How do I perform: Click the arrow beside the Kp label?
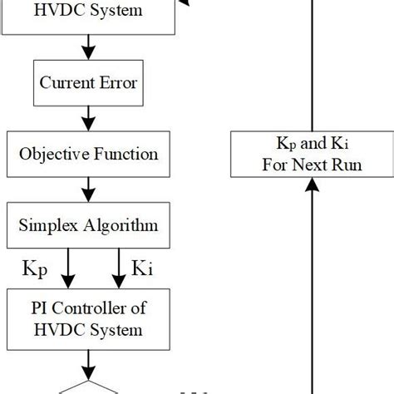point(68,268)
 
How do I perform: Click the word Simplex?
point(51,225)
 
